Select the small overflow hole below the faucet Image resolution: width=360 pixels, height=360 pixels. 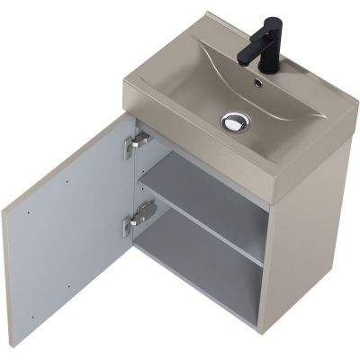pyautogui.click(x=258, y=84)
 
